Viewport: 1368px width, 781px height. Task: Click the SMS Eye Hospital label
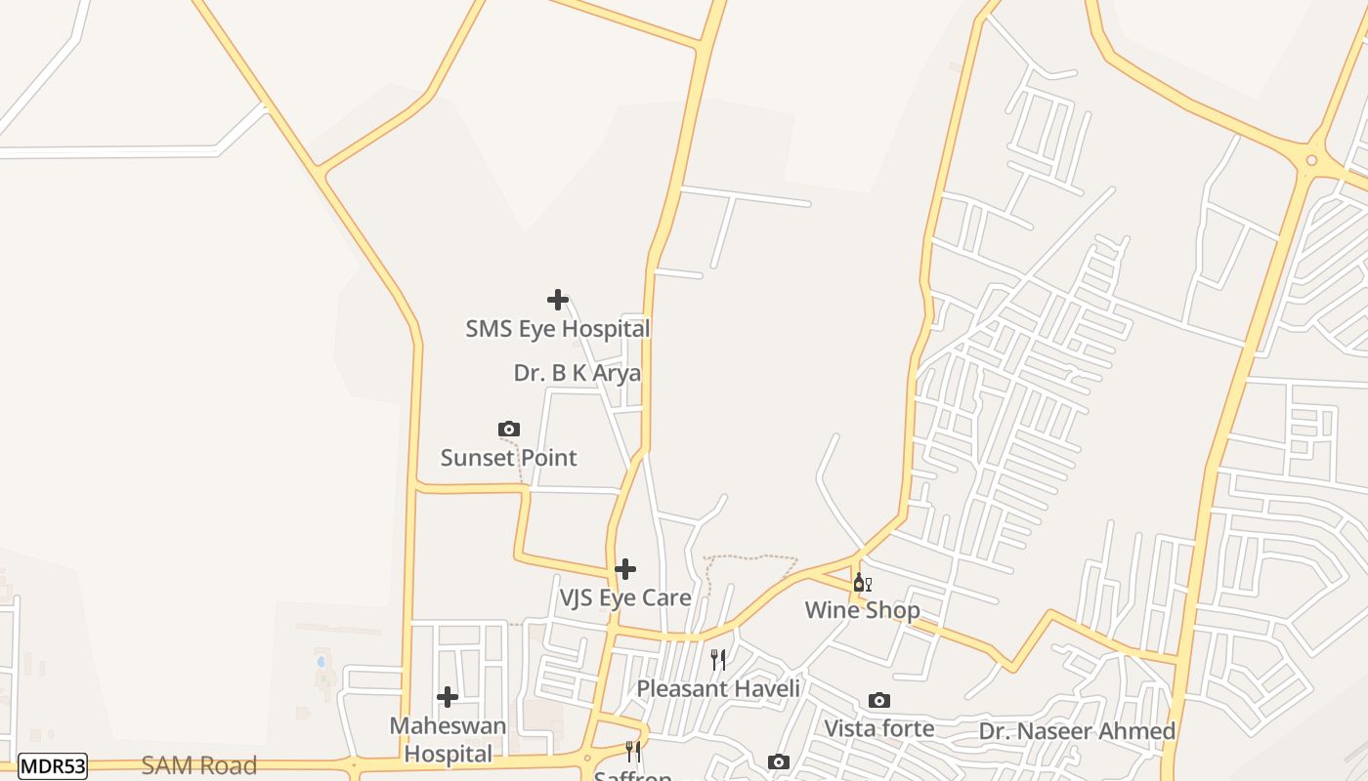pyautogui.click(x=557, y=329)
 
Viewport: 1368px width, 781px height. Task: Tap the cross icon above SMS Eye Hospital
pyautogui.click(x=558, y=300)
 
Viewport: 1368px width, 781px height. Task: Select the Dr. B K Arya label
pyautogui.click(x=577, y=373)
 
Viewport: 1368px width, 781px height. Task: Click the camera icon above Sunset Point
pyautogui.click(x=508, y=429)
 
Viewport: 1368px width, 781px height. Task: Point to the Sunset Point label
pyautogui.click(x=508, y=458)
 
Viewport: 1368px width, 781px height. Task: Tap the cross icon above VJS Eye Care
pyautogui.click(x=625, y=568)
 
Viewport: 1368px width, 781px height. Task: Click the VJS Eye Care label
pyautogui.click(x=625, y=597)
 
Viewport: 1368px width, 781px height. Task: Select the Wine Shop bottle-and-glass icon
pyautogui.click(x=862, y=583)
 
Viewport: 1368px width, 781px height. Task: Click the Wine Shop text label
pyautogui.click(x=862, y=610)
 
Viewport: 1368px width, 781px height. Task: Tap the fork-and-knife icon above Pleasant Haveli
pyautogui.click(x=718, y=660)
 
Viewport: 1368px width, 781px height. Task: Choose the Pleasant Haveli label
pyautogui.click(x=718, y=688)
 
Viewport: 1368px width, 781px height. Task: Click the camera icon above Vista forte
pyautogui.click(x=879, y=700)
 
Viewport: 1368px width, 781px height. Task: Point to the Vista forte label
pyautogui.click(x=879, y=728)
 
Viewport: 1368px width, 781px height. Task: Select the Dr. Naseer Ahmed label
pyautogui.click(x=1077, y=731)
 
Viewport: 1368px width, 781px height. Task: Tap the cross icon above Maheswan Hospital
pyautogui.click(x=448, y=697)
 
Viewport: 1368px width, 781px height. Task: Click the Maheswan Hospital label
pyautogui.click(x=449, y=740)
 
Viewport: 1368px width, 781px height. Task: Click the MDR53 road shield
pyautogui.click(x=53, y=766)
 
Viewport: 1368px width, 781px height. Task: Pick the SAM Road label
pyautogui.click(x=199, y=765)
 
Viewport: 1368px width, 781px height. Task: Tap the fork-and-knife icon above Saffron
pyautogui.click(x=633, y=751)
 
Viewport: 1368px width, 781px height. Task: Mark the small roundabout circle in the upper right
pyautogui.click(x=1311, y=161)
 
